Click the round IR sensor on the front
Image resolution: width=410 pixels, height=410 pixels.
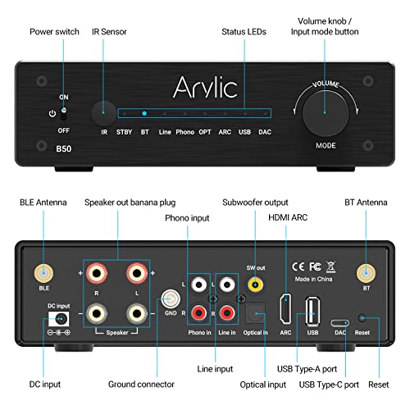tap(104, 112)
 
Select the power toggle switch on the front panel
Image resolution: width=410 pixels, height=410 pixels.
tap(63, 113)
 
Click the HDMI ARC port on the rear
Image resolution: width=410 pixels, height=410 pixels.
tap(286, 308)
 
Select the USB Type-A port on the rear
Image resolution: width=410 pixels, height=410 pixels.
tap(312, 310)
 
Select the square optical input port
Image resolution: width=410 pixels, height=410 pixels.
tap(255, 313)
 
